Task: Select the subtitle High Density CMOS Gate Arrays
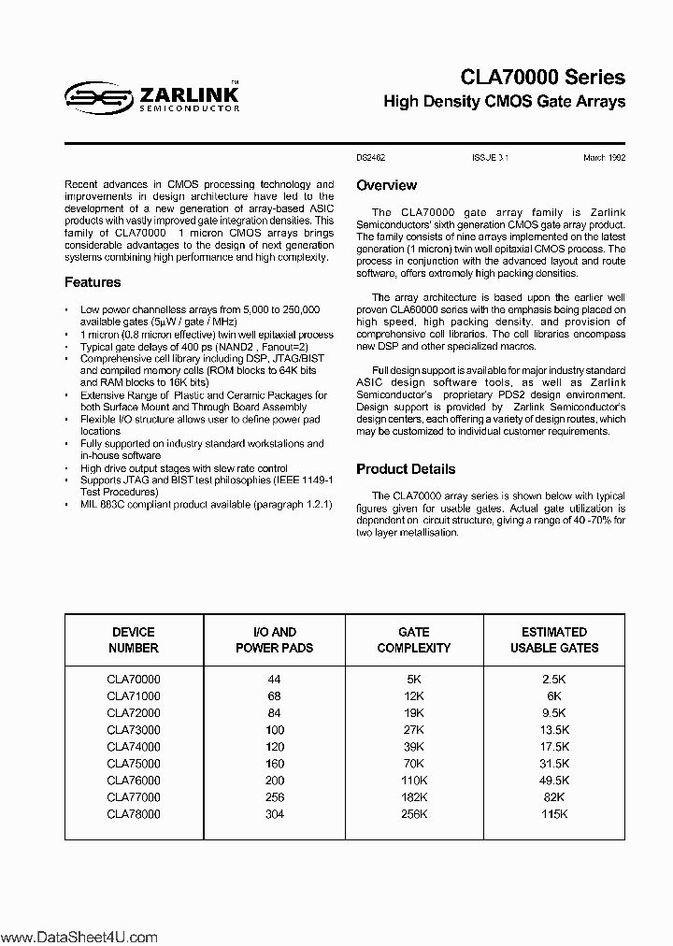pyautogui.click(x=505, y=102)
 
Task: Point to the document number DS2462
pyautogui.click(x=371, y=158)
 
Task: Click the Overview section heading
pyautogui.click(x=386, y=185)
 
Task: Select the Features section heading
pyautogui.click(x=93, y=282)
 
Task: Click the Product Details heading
pyautogui.click(x=406, y=469)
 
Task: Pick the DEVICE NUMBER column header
pyautogui.click(x=134, y=639)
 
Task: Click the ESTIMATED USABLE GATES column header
pyautogui.click(x=554, y=639)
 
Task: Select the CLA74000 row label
pyautogui.click(x=134, y=747)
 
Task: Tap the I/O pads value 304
pyautogui.click(x=274, y=814)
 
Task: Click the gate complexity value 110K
pyautogui.click(x=414, y=781)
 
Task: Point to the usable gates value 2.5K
pyautogui.click(x=554, y=680)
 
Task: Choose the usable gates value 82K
pyautogui.click(x=554, y=797)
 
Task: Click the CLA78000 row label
pyautogui.click(x=134, y=814)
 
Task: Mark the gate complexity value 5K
pyautogui.click(x=414, y=680)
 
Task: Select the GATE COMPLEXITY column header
pyautogui.click(x=414, y=639)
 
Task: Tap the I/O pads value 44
pyautogui.click(x=274, y=680)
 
